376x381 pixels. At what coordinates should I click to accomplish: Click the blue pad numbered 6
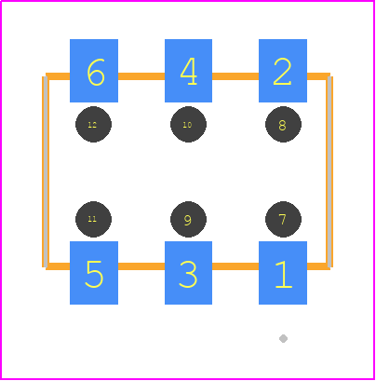click(94, 71)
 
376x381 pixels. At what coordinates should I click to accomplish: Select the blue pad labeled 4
click(188, 71)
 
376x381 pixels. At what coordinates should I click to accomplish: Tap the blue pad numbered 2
click(283, 71)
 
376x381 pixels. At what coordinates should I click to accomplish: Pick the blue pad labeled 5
click(94, 273)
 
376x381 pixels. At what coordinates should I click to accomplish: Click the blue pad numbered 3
click(188, 273)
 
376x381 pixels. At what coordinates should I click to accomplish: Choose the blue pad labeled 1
click(283, 273)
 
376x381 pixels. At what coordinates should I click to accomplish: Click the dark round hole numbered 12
click(93, 125)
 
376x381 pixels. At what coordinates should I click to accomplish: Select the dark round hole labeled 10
click(188, 125)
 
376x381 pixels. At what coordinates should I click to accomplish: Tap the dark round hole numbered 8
click(283, 125)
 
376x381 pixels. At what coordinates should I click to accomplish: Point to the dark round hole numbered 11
click(93, 219)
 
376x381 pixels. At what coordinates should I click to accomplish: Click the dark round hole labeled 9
click(188, 219)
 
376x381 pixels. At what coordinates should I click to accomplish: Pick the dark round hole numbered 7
click(283, 219)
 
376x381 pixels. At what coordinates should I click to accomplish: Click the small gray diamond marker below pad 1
click(283, 338)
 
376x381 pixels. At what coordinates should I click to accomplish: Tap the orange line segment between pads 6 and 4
click(141, 76)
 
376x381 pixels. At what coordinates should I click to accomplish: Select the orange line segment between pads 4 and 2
click(235, 76)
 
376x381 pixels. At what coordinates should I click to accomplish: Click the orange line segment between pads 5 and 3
click(141, 266)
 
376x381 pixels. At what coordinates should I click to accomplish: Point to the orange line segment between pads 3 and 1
click(235, 266)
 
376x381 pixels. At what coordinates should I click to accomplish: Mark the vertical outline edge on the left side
click(45, 171)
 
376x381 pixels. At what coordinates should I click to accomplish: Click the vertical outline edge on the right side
click(329, 171)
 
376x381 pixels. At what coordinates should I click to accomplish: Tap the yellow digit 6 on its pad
click(96, 73)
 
